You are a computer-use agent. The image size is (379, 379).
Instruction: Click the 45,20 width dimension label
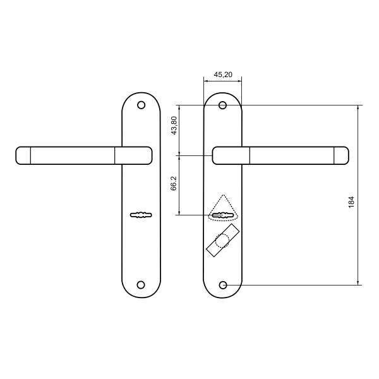tap(223, 75)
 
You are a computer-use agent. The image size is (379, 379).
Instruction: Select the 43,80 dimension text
tap(174, 126)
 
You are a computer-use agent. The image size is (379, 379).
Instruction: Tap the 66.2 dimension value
tap(174, 183)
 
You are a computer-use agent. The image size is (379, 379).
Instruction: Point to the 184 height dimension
tap(351, 202)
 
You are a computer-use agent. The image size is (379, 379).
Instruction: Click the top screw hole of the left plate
tap(141, 105)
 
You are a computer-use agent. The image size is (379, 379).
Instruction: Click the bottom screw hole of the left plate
tap(141, 285)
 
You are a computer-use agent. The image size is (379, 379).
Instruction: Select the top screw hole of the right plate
tap(222, 105)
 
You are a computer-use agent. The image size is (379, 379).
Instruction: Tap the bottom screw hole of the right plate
tap(223, 286)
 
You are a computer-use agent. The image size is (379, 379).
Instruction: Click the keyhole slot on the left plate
tap(141, 215)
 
